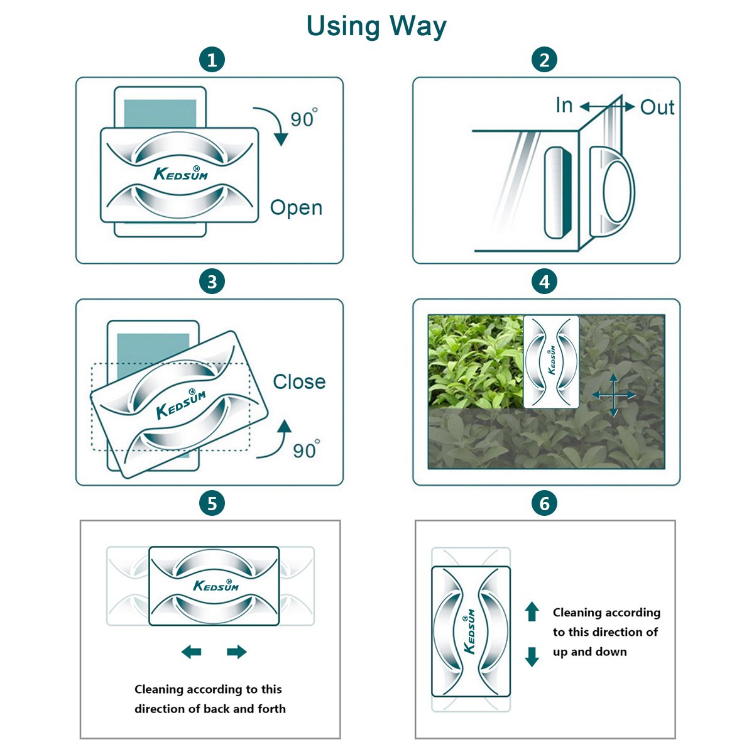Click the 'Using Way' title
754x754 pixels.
tap(376, 26)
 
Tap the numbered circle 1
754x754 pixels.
tap(212, 60)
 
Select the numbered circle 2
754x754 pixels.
tap(544, 60)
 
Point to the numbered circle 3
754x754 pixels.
tap(212, 281)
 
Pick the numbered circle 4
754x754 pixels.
tap(544, 281)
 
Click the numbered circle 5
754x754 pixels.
tap(212, 503)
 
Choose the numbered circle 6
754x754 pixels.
tap(544, 503)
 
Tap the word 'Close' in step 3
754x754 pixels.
tap(299, 381)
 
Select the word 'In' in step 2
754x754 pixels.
tap(564, 105)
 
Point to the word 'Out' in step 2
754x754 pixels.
tap(657, 107)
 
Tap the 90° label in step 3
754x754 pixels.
tap(306, 449)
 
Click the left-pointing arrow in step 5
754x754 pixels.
tap(192, 652)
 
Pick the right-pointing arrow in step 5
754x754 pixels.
tap(237, 652)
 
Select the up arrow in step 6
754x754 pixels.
tap(532, 611)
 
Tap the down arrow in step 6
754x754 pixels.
tap(532, 657)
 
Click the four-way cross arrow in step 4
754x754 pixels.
tap(613, 395)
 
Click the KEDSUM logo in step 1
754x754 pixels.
tap(181, 173)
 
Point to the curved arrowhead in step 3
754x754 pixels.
tap(285, 427)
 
